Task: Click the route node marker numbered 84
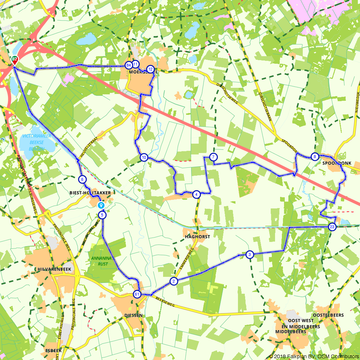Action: click(x=128, y=65)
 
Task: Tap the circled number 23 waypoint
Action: click(x=332, y=227)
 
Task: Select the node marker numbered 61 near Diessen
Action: click(x=137, y=294)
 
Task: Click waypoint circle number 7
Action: click(x=213, y=157)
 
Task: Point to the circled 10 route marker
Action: click(x=144, y=157)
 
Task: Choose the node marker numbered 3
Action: click(x=249, y=255)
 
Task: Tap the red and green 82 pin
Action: click(x=14, y=59)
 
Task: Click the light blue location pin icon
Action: click(x=101, y=205)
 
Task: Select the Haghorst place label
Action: click(x=197, y=237)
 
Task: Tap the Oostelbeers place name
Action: click(x=328, y=315)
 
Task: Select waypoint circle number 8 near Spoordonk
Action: click(x=315, y=157)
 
